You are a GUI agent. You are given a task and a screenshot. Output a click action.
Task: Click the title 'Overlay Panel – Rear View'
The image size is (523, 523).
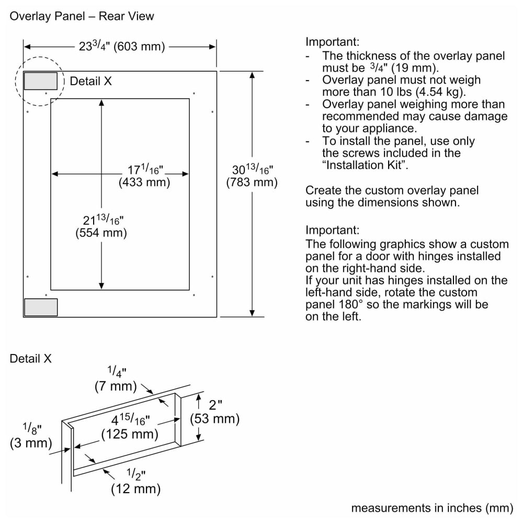click(82, 16)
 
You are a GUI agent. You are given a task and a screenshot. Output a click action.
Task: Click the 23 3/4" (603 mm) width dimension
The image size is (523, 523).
click(122, 47)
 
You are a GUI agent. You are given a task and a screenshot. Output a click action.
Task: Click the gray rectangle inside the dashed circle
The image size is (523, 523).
click(41, 81)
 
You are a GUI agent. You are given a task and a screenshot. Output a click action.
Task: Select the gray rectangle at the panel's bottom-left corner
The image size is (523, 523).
click(41, 308)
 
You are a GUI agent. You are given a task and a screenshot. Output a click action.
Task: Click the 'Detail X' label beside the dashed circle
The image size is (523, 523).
click(90, 81)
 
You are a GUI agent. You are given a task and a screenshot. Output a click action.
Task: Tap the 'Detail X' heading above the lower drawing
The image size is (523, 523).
click(31, 359)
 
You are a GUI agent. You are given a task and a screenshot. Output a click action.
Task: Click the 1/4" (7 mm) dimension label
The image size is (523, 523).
click(116, 380)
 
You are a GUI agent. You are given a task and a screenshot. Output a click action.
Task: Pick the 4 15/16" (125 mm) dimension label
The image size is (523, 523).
click(130, 427)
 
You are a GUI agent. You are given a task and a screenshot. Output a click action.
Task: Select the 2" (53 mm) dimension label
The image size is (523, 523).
click(214, 412)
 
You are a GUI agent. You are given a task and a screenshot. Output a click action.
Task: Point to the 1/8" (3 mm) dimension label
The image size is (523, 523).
click(31, 436)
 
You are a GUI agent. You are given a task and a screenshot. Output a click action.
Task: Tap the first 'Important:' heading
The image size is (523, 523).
click(333, 42)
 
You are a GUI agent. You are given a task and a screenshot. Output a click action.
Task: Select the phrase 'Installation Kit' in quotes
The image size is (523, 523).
click(364, 165)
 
